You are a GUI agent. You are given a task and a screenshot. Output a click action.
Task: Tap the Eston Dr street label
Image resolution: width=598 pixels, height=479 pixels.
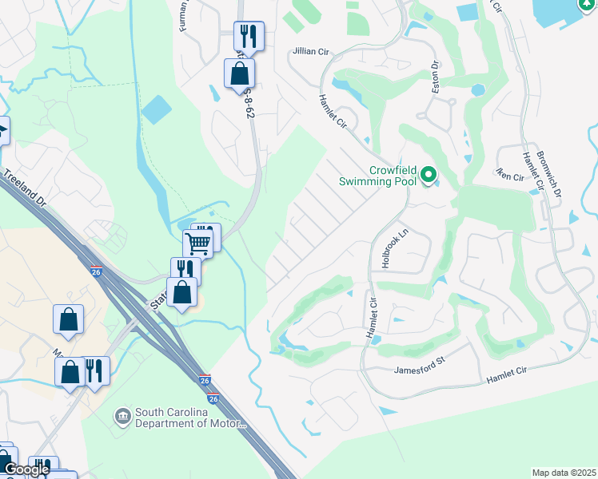(x=436, y=79)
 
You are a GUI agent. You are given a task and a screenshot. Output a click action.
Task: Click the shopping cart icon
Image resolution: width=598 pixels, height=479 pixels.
(x=197, y=242)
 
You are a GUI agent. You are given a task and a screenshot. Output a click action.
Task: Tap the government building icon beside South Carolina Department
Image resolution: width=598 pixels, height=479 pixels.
(x=123, y=417)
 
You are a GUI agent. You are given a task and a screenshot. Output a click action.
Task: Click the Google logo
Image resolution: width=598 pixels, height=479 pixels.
(x=26, y=469)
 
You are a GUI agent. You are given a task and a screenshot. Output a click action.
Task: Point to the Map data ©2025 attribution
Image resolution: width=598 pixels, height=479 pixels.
(x=564, y=473)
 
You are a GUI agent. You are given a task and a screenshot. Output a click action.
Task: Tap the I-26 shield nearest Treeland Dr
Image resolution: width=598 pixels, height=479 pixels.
(x=96, y=271)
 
